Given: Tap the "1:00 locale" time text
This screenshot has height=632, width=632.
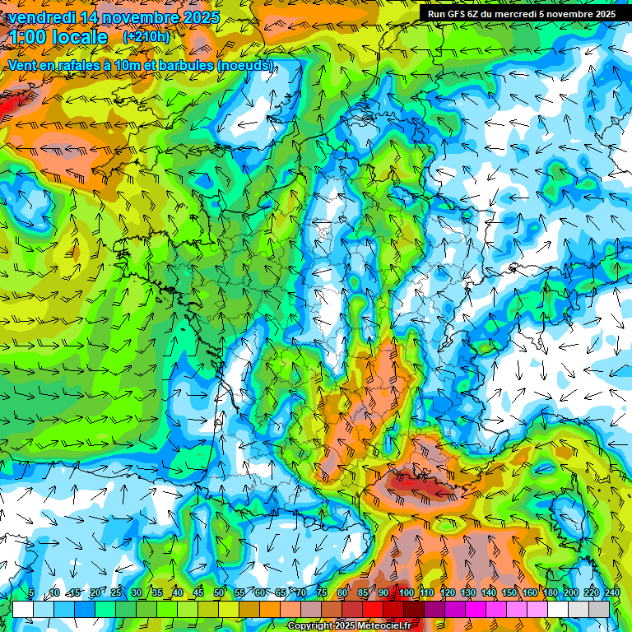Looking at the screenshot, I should click(58, 37).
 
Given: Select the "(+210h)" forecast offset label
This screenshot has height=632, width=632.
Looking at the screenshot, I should click(146, 37).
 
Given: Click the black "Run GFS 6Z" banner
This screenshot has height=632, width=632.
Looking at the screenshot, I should click(522, 13).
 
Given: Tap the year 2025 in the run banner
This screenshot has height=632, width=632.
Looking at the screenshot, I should click(603, 13).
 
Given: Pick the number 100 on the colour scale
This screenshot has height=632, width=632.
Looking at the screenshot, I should click(406, 592).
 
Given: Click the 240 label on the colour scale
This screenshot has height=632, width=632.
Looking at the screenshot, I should click(612, 592).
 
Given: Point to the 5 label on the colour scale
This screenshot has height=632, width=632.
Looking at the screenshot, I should click(30, 592).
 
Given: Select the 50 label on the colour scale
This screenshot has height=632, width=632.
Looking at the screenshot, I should click(219, 592).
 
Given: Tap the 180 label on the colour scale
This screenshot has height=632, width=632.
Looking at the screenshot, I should click(551, 592).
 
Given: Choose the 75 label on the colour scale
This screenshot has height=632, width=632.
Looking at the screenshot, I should click(323, 592).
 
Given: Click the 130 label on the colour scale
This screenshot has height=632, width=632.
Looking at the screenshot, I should click(467, 592).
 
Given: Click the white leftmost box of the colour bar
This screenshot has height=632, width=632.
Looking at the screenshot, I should click(23, 609).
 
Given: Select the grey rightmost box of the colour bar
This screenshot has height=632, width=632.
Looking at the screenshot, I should click(599, 609).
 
